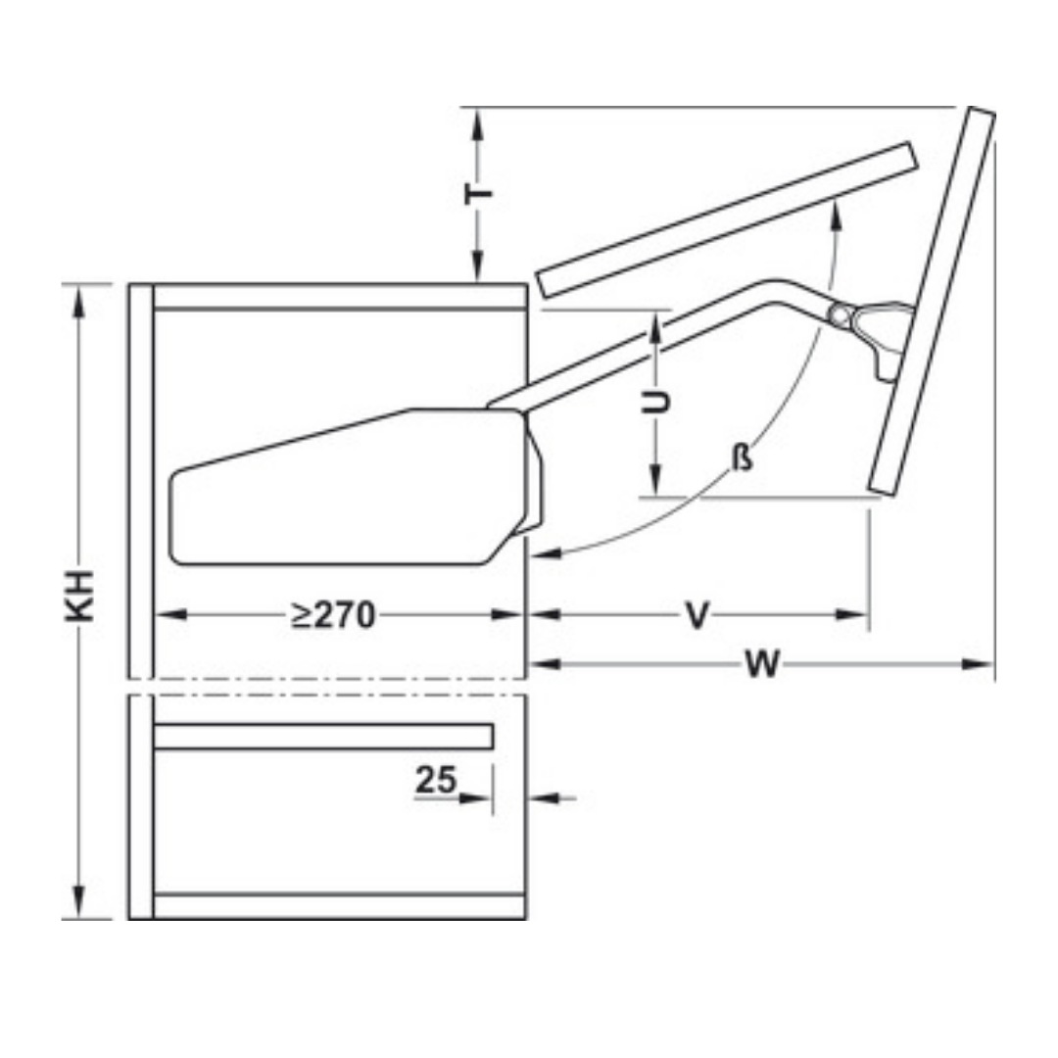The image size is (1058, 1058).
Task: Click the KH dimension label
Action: click(79, 596)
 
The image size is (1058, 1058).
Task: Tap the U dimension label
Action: click(655, 402)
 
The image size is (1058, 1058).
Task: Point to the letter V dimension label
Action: click(697, 614)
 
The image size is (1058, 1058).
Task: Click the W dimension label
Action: click(762, 664)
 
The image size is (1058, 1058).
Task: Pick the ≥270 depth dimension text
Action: click(333, 614)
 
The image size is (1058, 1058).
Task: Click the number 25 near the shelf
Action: click(435, 780)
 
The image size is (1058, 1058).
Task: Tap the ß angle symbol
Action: click(743, 458)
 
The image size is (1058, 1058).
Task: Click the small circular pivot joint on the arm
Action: click(840, 315)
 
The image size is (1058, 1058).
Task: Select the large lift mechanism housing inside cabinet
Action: click(356, 487)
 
